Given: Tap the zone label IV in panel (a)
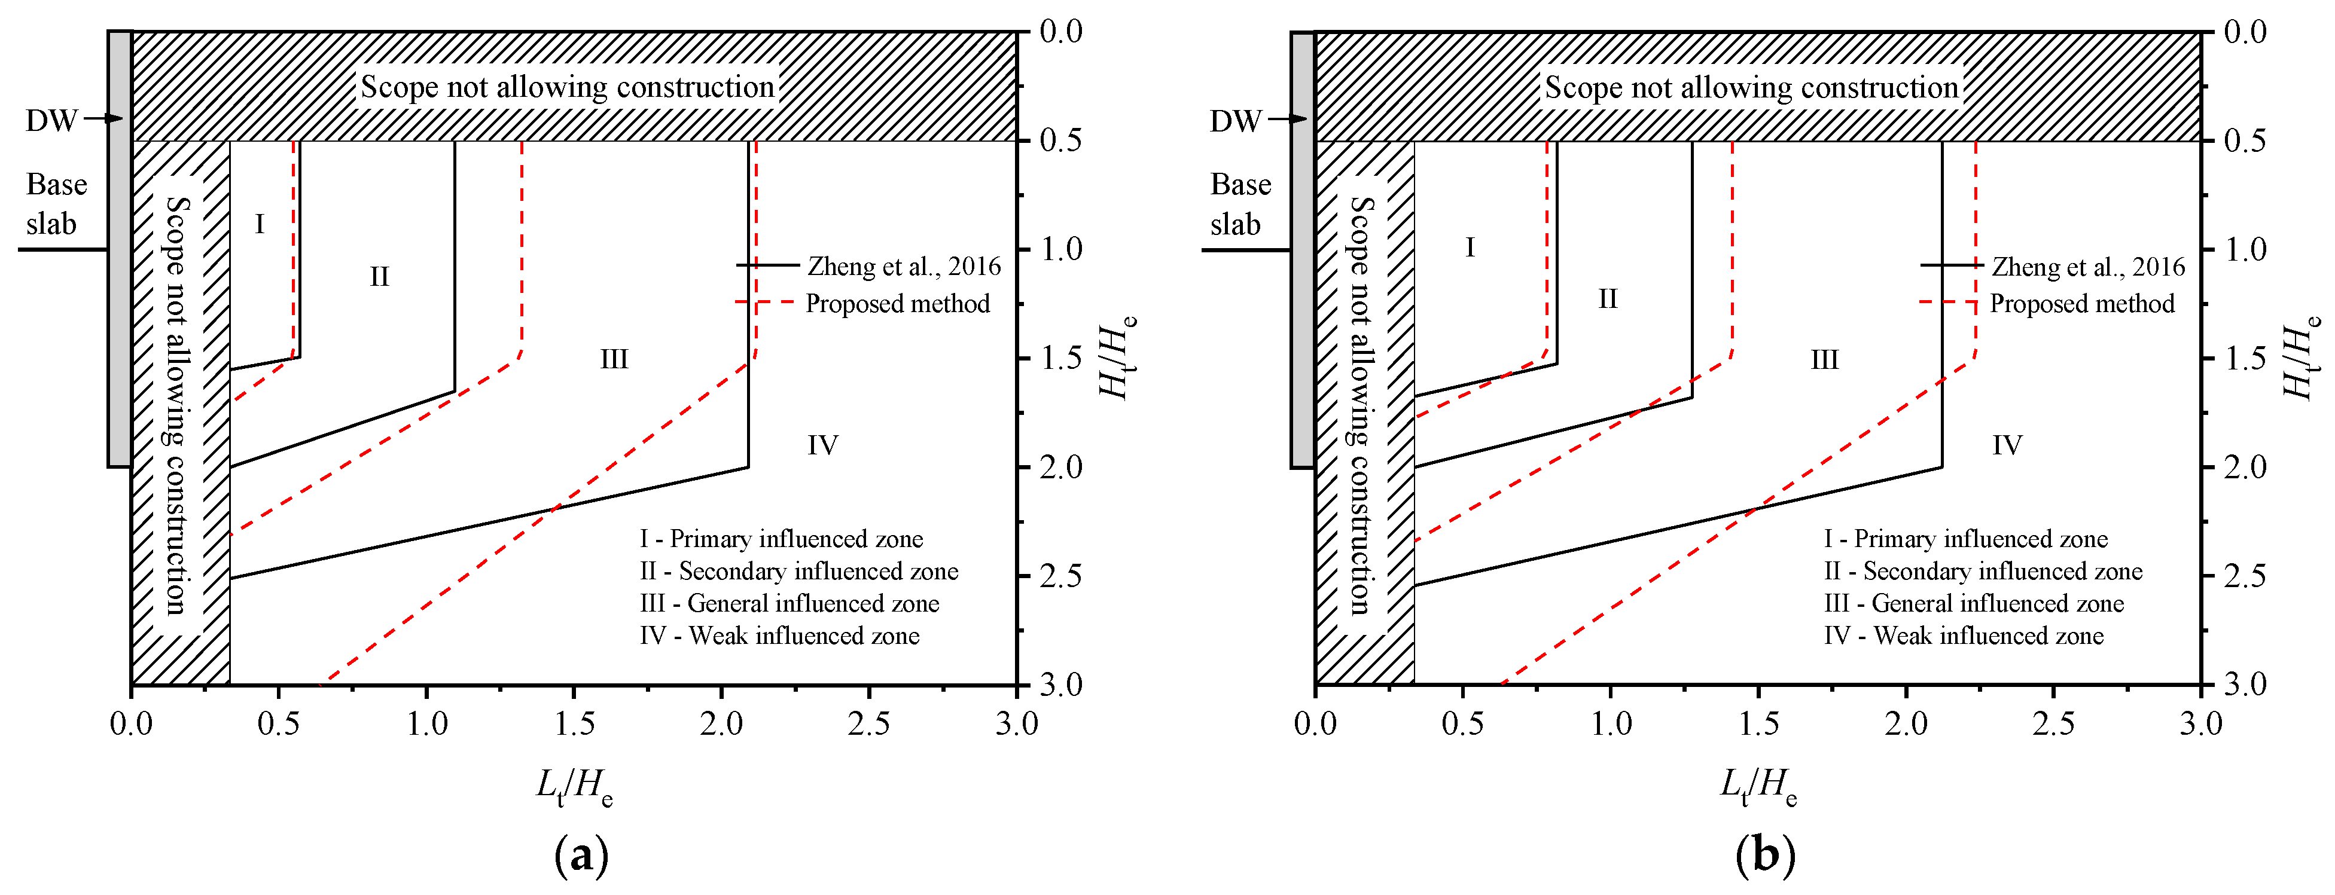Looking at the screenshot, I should [x=822, y=445].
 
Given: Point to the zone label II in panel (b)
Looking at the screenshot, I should [x=1607, y=299].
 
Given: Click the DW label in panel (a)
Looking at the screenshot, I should [x=51, y=121].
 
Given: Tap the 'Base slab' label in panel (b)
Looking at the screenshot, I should [x=1239, y=204].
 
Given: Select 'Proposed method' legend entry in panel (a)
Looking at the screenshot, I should [x=897, y=304].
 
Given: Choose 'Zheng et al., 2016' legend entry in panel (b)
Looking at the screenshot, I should [x=2087, y=266].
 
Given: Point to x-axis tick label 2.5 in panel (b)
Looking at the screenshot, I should [x=2053, y=725].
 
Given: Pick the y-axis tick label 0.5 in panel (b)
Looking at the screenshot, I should [x=2245, y=141].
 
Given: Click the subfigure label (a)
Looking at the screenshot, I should [x=581, y=855].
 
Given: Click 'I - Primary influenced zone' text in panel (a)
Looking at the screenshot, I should [x=781, y=539].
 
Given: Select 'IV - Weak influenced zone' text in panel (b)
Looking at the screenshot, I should [x=1964, y=636].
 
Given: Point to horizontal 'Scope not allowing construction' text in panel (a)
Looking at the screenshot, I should [x=568, y=87].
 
